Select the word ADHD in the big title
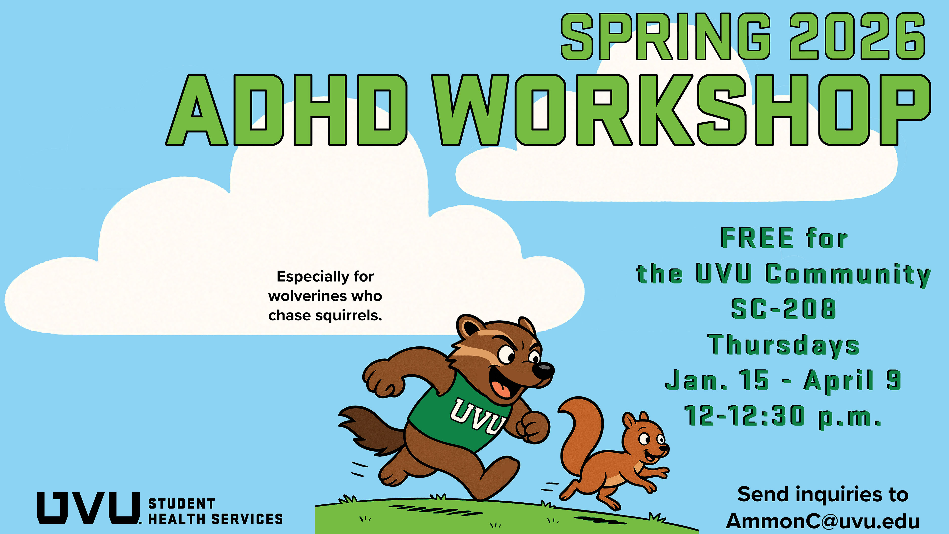[287, 110]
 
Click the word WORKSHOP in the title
[682, 110]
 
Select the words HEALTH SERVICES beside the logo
[216, 519]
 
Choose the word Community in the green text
[848, 275]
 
